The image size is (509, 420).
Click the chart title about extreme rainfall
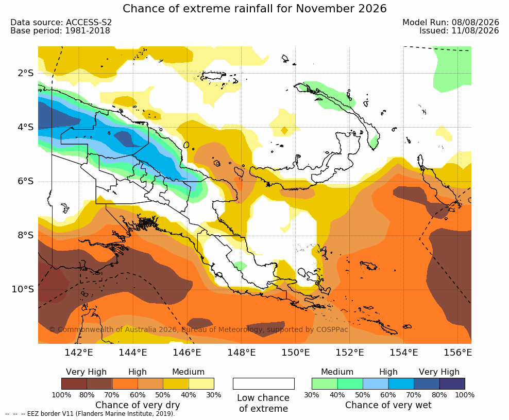click(254, 8)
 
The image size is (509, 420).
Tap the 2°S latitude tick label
click(26, 73)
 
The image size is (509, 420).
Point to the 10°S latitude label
click(23, 289)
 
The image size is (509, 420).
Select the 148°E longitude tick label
click(241, 352)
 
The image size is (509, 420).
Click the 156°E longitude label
click(457, 352)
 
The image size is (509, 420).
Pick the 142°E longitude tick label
click(79, 352)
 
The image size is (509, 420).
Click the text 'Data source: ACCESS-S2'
click(61, 22)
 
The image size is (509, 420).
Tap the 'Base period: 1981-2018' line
click(60, 31)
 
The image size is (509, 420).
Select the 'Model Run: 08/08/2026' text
click(451, 22)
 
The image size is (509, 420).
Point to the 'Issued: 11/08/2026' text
click(459, 31)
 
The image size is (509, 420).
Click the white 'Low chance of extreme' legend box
click(264, 383)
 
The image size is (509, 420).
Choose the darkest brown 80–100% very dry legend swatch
click(74, 383)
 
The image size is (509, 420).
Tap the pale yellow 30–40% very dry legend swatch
click(201, 383)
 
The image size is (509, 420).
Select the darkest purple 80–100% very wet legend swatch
click(452, 383)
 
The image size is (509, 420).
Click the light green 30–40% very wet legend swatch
click(325, 383)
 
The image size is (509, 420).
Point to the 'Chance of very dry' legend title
click(138, 405)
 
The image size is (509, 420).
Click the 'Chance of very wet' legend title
click(388, 405)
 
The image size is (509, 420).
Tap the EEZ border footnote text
click(90, 414)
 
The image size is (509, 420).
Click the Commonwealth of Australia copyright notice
click(199, 329)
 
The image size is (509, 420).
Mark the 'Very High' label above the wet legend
click(439, 372)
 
